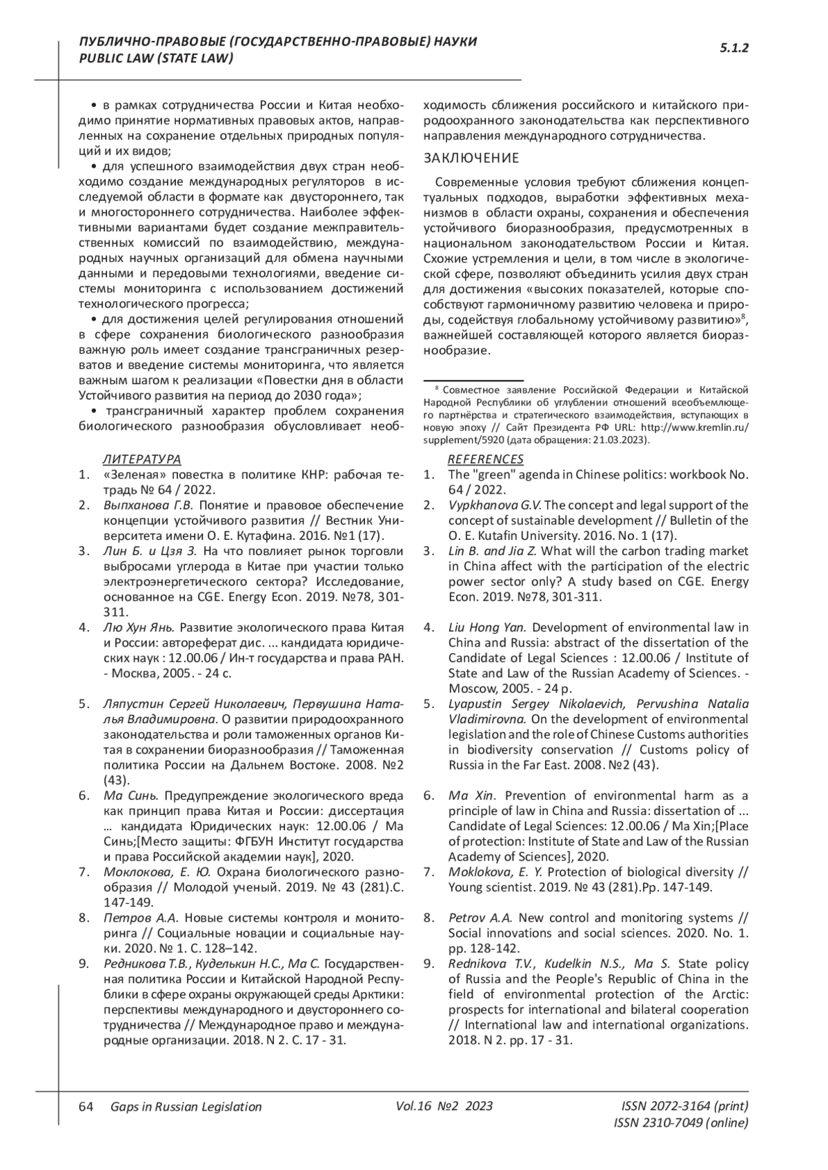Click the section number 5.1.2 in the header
click(x=734, y=48)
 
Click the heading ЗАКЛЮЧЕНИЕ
click(x=471, y=159)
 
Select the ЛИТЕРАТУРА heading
click(x=141, y=459)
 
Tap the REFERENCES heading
click(x=486, y=459)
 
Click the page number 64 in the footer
click(x=86, y=1107)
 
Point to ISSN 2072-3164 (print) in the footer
click(x=684, y=1106)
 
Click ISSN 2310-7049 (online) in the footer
click(x=680, y=1123)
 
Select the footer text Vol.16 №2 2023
click(x=444, y=1106)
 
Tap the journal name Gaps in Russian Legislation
click(x=186, y=1107)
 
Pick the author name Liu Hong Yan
click(x=487, y=627)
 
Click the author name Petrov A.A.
click(x=480, y=918)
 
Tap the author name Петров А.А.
click(x=141, y=918)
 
